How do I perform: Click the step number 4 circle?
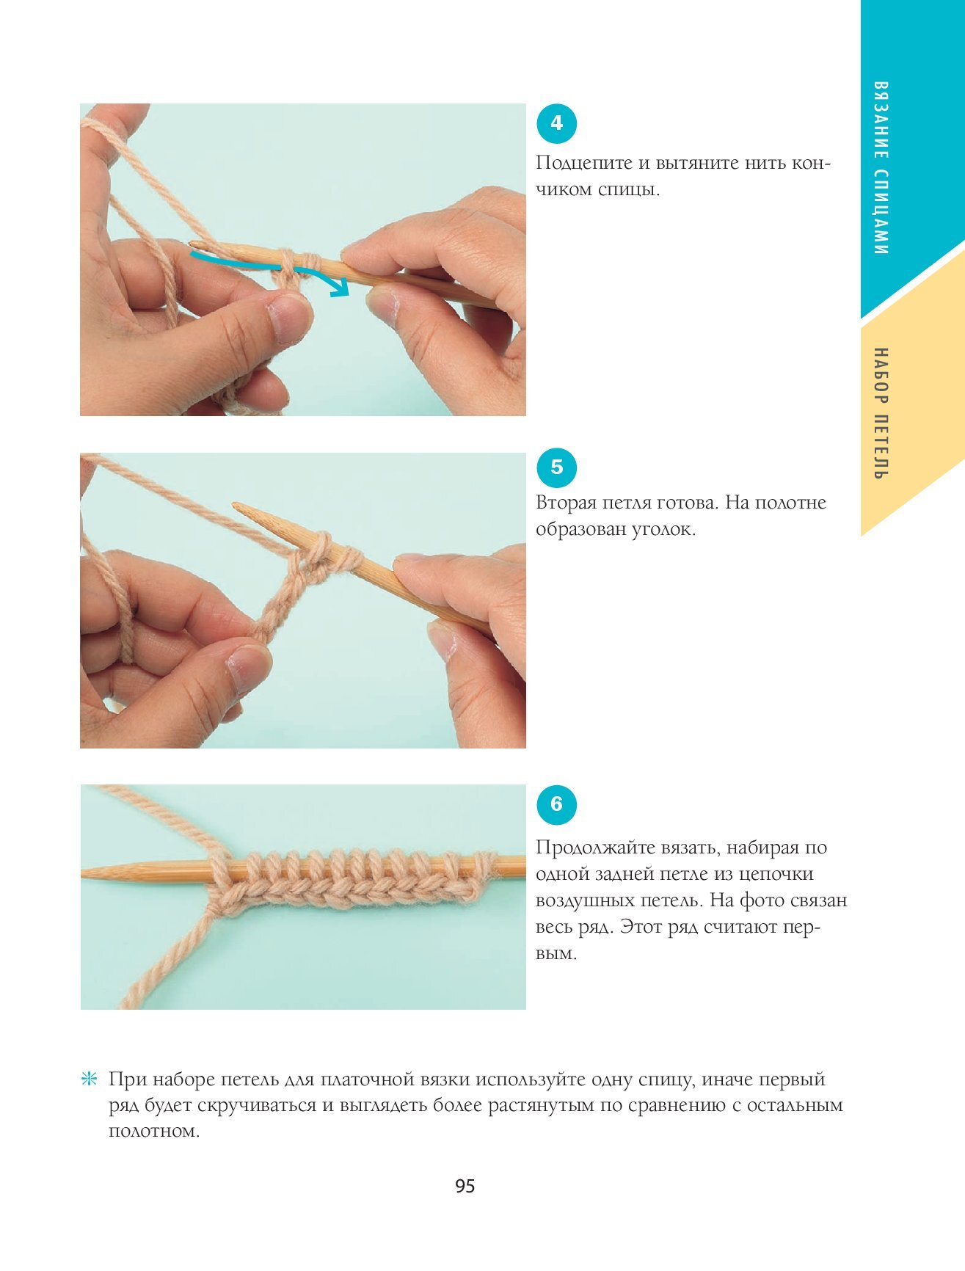click(x=556, y=123)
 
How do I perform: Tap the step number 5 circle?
click(x=556, y=467)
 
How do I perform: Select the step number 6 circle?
click(x=556, y=804)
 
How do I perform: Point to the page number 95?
click(x=465, y=1187)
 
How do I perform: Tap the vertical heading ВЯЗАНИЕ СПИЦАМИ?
click(x=882, y=168)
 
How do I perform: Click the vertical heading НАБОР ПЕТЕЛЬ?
click(x=882, y=413)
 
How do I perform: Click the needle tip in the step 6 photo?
click(x=84, y=873)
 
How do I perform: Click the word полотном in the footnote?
click(x=154, y=1132)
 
